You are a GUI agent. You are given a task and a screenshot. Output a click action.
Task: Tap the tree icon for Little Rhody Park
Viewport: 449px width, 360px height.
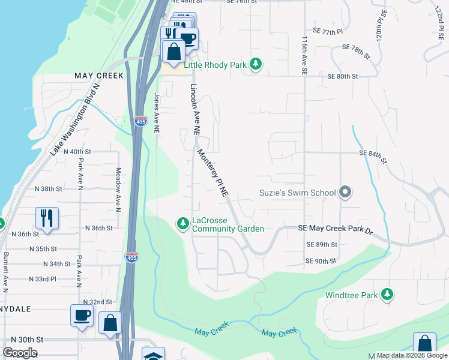[256, 64]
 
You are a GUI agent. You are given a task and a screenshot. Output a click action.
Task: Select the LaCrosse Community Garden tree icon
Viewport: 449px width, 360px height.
[182, 224]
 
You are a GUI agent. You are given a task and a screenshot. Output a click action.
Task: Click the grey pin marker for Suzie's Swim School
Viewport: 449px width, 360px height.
[345, 193]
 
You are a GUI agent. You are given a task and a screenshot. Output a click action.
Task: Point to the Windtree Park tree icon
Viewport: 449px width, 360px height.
[388, 295]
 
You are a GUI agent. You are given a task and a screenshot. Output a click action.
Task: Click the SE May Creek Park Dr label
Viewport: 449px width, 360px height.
[336, 230]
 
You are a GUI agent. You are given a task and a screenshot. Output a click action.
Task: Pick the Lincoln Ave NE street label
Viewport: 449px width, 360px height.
[194, 108]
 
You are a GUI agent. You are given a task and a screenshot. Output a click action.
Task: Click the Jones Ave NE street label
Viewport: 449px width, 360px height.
[157, 112]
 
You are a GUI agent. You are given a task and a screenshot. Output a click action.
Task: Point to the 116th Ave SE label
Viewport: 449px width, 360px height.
[304, 55]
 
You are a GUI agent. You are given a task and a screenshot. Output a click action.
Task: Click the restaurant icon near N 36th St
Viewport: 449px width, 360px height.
[46, 218]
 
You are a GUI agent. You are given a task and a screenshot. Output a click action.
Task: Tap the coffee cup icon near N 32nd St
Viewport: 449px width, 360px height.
[82, 315]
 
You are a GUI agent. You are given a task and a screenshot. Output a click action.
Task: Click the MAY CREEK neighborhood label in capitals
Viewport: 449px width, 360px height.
[98, 76]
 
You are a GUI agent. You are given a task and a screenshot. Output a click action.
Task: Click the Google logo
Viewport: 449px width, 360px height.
[20, 352]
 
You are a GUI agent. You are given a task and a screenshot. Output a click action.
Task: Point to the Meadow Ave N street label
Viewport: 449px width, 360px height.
[118, 190]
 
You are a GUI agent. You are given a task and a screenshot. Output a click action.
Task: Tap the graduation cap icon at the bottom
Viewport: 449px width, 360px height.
[153, 355]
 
